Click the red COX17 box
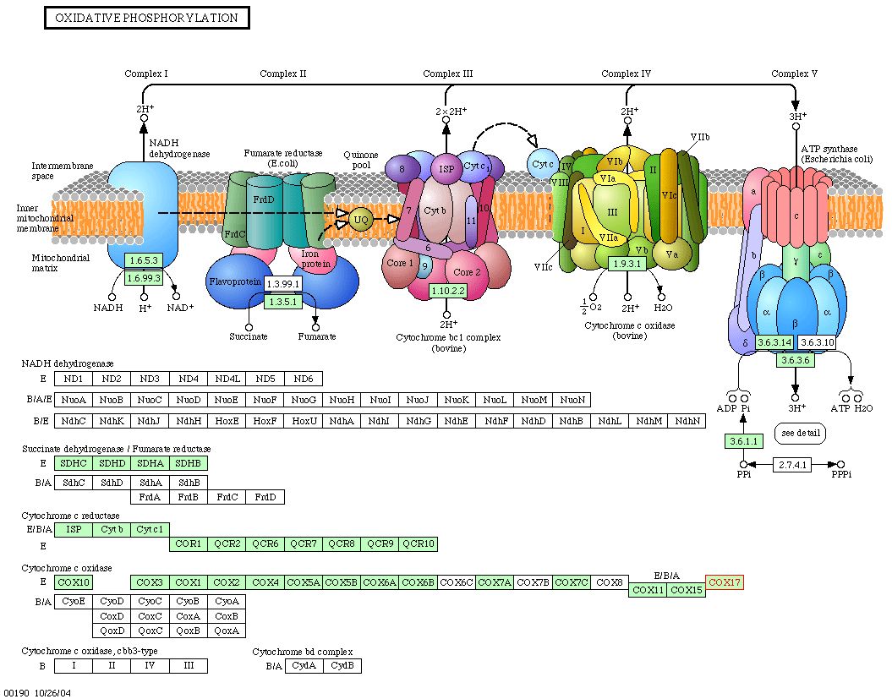tap(725, 582)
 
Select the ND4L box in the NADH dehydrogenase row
tap(227, 379)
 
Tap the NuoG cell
tap(304, 400)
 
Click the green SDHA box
tap(150, 463)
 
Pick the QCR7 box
tap(304, 543)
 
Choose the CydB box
tap(342, 665)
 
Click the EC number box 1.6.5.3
tap(144, 260)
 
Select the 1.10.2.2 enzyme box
tap(448, 291)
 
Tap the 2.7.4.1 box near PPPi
tap(792, 465)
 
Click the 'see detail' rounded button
tap(801, 433)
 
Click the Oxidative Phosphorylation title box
tap(147, 18)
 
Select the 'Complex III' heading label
tap(448, 74)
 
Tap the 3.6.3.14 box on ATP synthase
tap(774, 342)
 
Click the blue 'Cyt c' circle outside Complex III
tap(542, 164)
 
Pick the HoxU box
tap(304, 421)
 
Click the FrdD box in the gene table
tap(265, 497)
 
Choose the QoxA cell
tap(227, 631)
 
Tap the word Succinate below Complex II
tap(248, 336)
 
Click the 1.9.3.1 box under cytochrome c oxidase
tap(627, 264)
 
